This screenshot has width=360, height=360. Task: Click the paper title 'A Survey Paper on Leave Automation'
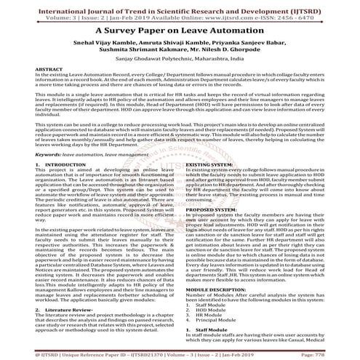[x=180, y=33]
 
